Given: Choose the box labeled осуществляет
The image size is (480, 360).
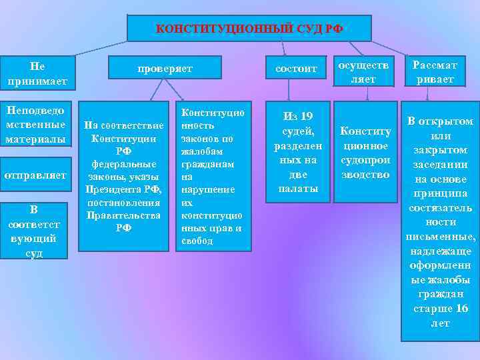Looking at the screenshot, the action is tap(365, 70).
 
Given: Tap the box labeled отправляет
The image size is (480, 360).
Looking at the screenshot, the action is tap(35, 175).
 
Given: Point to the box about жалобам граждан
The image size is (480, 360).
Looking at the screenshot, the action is tap(213, 176).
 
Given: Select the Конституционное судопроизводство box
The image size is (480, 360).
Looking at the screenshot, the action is tap(364, 153).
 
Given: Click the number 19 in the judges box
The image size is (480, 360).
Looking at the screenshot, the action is tap(305, 116).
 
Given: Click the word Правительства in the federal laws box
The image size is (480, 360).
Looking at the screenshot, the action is tap(123, 215).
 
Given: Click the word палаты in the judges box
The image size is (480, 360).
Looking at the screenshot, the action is tap(296, 189).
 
